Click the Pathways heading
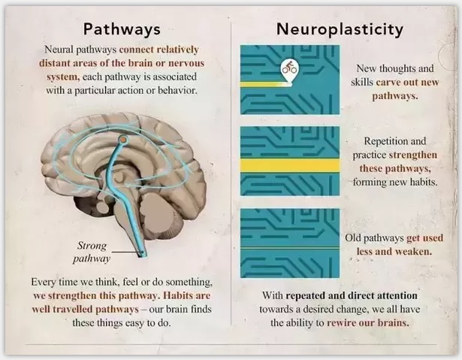[x=122, y=29]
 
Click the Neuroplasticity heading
[x=340, y=29]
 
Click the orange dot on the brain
[x=123, y=139]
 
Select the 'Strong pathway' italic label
[x=92, y=252]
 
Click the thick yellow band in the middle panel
[x=290, y=165]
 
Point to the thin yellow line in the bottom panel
[x=290, y=249]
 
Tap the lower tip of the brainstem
[x=143, y=255]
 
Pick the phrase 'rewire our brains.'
[x=368, y=322]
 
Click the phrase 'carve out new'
[x=407, y=82]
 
